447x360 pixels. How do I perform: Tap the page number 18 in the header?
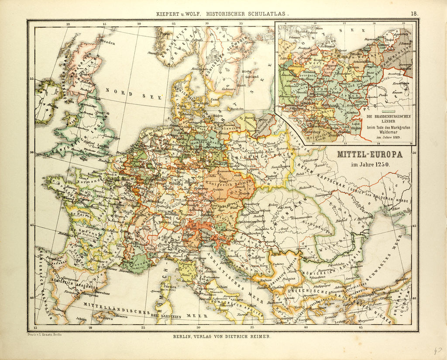414,13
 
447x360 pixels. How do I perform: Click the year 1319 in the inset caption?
394,138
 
